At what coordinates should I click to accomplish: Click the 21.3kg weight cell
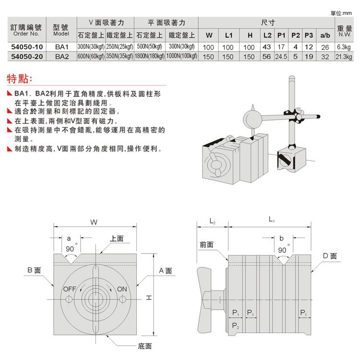(344, 56)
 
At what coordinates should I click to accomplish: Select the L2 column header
(267, 35)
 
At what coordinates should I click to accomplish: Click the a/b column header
(325, 35)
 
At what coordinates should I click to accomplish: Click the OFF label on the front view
(70, 289)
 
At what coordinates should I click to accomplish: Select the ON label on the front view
(122, 289)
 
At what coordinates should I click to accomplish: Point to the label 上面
(117, 239)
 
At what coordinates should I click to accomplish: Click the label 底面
(144, 346)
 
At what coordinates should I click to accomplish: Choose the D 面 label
(329, 256)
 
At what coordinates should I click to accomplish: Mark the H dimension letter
(149, 298)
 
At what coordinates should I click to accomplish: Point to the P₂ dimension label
(235, 326)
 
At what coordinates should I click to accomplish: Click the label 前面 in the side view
(207, 245)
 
